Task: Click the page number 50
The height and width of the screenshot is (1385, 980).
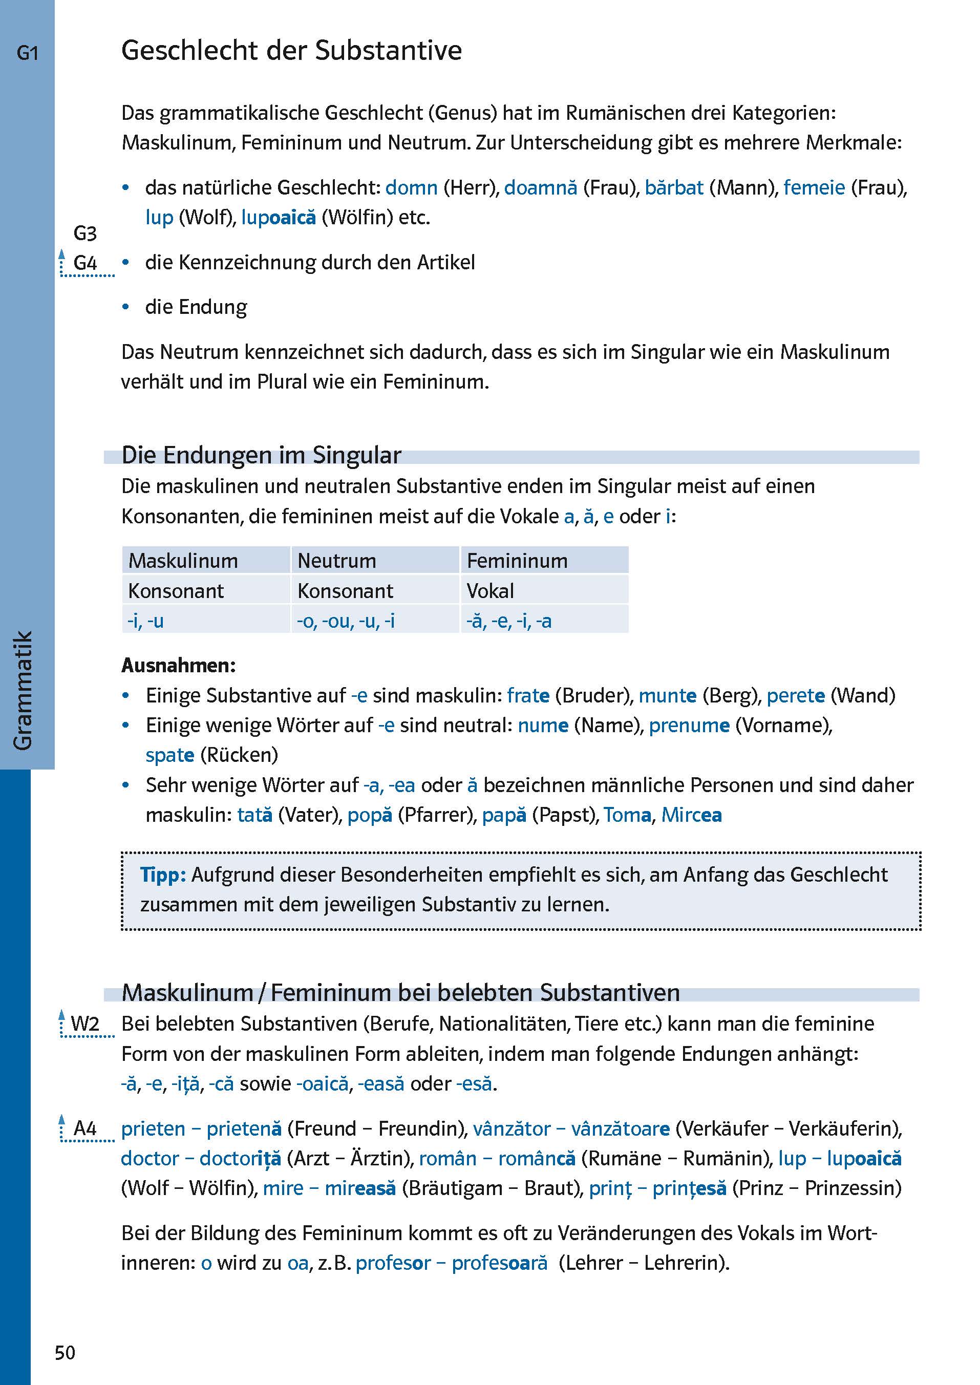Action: click(x=65, y=1352)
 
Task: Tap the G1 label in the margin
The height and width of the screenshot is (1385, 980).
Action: click(x=27, y=53)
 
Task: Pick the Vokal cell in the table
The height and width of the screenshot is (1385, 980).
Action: click(x=489, y=591)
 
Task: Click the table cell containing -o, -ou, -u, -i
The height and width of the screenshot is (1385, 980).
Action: click(x=345, y=621)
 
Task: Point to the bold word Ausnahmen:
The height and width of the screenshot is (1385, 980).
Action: click(x=178, y=665)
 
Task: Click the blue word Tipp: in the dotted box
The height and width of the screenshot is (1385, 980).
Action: click(x=162, y=875)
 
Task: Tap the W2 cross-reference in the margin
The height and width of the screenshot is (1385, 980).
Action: click(x=84, y=1024)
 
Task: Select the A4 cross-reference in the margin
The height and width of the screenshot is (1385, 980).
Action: click(x=84, y=1128)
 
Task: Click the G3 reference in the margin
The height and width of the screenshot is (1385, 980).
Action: click(x=84, y=233)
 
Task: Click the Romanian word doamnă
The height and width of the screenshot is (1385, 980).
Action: click(x=540, y=188)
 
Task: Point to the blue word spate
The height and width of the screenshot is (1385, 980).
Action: click(x=169, y=755)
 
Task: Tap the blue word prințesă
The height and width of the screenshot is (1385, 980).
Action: click(x=689, y=1188)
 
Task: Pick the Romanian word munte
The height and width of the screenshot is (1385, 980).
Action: click(x=668, y=695)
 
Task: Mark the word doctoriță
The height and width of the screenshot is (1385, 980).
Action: click(x=240, y=1158)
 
